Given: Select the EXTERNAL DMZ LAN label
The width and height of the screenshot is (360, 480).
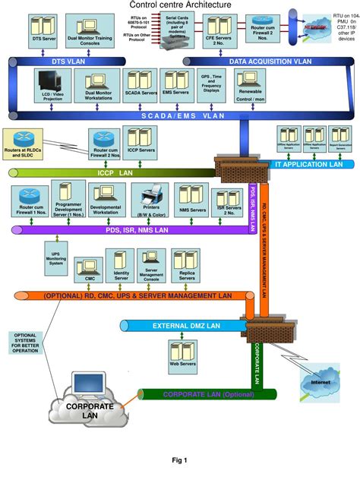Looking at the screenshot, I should pyautogui.click(x=185, y=325).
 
